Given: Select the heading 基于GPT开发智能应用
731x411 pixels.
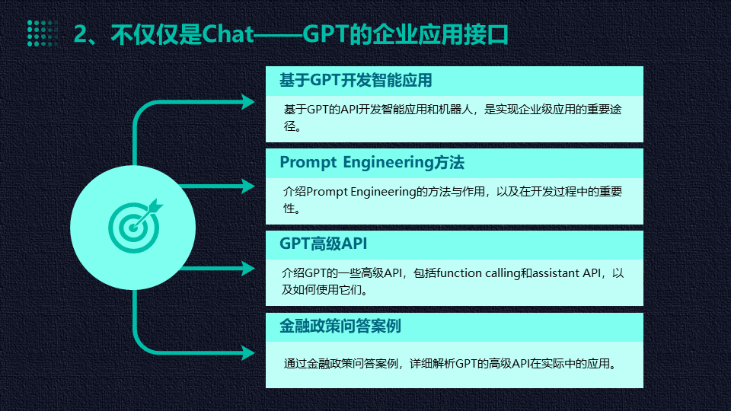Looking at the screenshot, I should point(356,80).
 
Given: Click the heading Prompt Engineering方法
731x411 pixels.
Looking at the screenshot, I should point(372,162).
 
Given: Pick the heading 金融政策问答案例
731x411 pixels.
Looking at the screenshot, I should point(340,326).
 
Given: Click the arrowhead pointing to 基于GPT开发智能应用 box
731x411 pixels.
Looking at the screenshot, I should point(247,103).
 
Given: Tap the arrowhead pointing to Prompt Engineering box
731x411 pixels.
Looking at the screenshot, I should point(247,185).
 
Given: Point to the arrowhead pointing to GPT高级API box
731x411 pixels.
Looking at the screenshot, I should point(247,267).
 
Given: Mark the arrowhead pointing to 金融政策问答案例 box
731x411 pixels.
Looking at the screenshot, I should point(247,352).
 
